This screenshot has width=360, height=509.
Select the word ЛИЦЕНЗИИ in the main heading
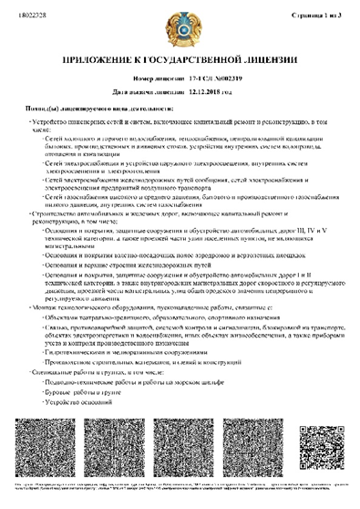pos(273,59)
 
